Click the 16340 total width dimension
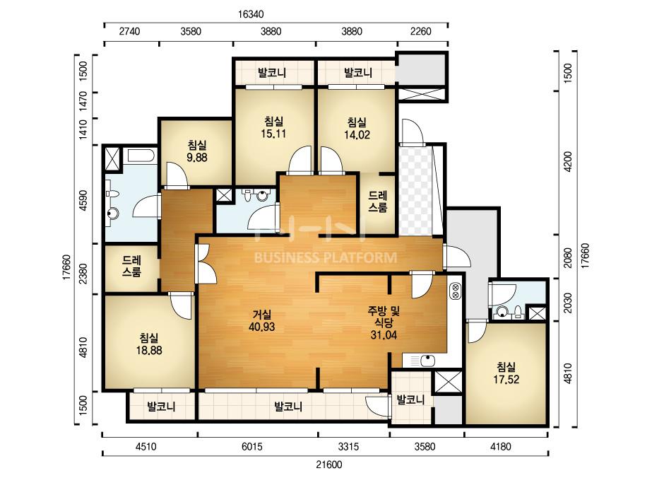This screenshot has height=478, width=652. [x=251, y=14]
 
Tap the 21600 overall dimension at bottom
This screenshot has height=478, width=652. [x=329, y=465]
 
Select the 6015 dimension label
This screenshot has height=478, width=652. [x=252, y=447]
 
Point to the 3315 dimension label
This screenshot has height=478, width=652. [x=348, y=447]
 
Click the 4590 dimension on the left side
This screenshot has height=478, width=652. [x=83, y=201]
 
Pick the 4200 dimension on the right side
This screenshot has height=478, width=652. [x=568, y=161]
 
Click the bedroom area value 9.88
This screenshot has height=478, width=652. [x=197, y=158]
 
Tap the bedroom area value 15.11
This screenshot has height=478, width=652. [x=273, y=134]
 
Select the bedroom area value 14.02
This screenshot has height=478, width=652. [x=357, y=134]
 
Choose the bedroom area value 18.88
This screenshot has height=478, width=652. [x=149, y=350]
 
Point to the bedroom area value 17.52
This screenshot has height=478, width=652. [x=506, y=379]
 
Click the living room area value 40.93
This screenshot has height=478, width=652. [x=261, y=327]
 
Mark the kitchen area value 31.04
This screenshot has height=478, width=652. [x=384, y=334]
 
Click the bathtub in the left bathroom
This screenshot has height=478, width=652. [x=141, y=156]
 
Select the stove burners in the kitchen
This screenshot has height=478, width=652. [x=454, y=291]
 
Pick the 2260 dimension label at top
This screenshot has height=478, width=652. [x=420, y=31]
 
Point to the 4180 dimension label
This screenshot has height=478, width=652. [x=501, y=447]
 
